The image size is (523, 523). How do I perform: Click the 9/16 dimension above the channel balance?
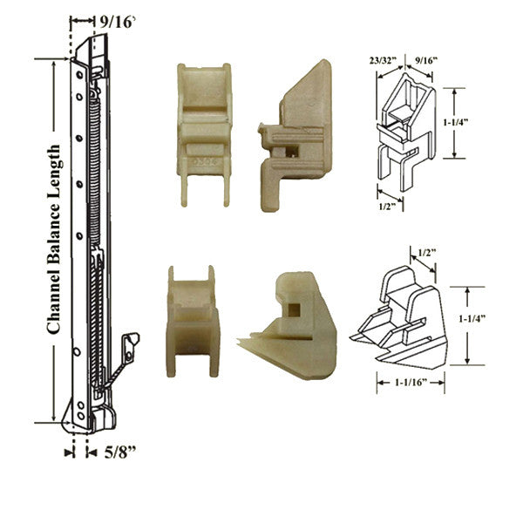pyautogui.click(x=119, y=21)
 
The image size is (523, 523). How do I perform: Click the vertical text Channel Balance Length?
pyautogui.click(x=53, y=240)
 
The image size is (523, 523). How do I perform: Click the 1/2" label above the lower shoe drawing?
pyautogui.click(x=427, y=253)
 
